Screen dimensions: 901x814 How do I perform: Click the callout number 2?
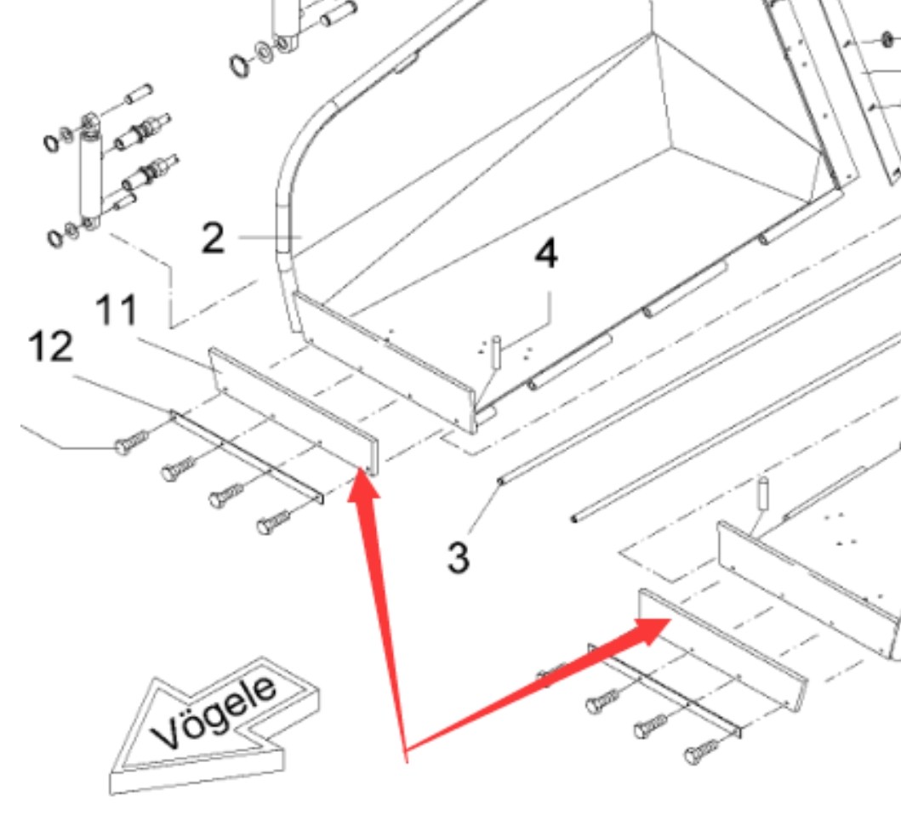tap(213, 238)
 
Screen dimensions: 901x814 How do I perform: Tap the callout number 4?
tap(546, 253)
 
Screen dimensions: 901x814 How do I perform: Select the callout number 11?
tap(117, 310)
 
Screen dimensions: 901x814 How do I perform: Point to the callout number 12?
tap(50, 346)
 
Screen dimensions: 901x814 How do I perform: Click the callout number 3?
tap(458, 557)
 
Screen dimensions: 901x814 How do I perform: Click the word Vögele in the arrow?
tap(214, 712)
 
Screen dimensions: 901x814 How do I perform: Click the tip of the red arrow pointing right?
tap(670, 620)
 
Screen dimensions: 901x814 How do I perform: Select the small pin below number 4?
tap(496, 352)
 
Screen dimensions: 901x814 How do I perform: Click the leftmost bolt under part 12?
tap(132, 442)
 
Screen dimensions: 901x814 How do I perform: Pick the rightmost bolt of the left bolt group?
tap(273, 521)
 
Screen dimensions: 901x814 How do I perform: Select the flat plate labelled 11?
tap(293, 412)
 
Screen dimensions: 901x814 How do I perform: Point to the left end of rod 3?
tap(500, 481)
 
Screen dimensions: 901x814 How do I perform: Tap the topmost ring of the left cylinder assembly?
tap(52, 142)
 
